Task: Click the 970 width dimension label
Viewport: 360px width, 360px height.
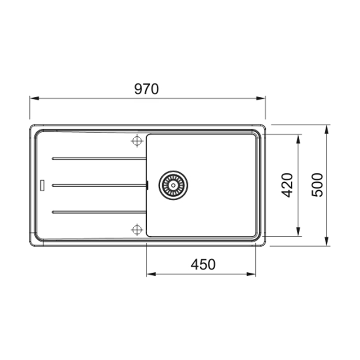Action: click(147, 89)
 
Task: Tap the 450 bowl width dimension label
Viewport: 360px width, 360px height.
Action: click(203, 264)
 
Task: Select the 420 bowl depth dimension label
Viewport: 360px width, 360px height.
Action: click(287, 185)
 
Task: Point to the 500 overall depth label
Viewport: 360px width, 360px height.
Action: click(317, 185)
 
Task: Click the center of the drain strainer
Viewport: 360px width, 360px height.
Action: click(173, 185)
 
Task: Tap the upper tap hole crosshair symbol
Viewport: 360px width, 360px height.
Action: click(137, 141)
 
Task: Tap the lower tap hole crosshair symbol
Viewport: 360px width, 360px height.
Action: click(137, 229)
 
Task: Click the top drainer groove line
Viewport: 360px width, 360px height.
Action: click(99, 159)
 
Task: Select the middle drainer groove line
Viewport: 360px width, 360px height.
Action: click(99, 185)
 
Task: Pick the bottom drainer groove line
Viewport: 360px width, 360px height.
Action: click(99, 212)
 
